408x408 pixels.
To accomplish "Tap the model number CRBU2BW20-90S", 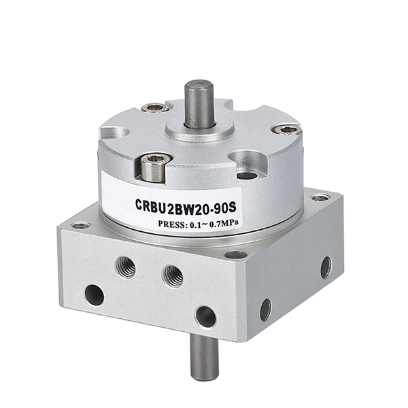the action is click(186, 207).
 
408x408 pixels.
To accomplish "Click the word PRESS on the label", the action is click(171, 224).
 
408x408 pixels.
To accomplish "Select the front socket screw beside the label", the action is click(155, 167).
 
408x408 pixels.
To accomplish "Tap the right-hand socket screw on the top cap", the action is click(287, 130).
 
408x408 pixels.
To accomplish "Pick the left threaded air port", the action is click(125, 267).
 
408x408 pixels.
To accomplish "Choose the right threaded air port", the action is click(173, 276).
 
